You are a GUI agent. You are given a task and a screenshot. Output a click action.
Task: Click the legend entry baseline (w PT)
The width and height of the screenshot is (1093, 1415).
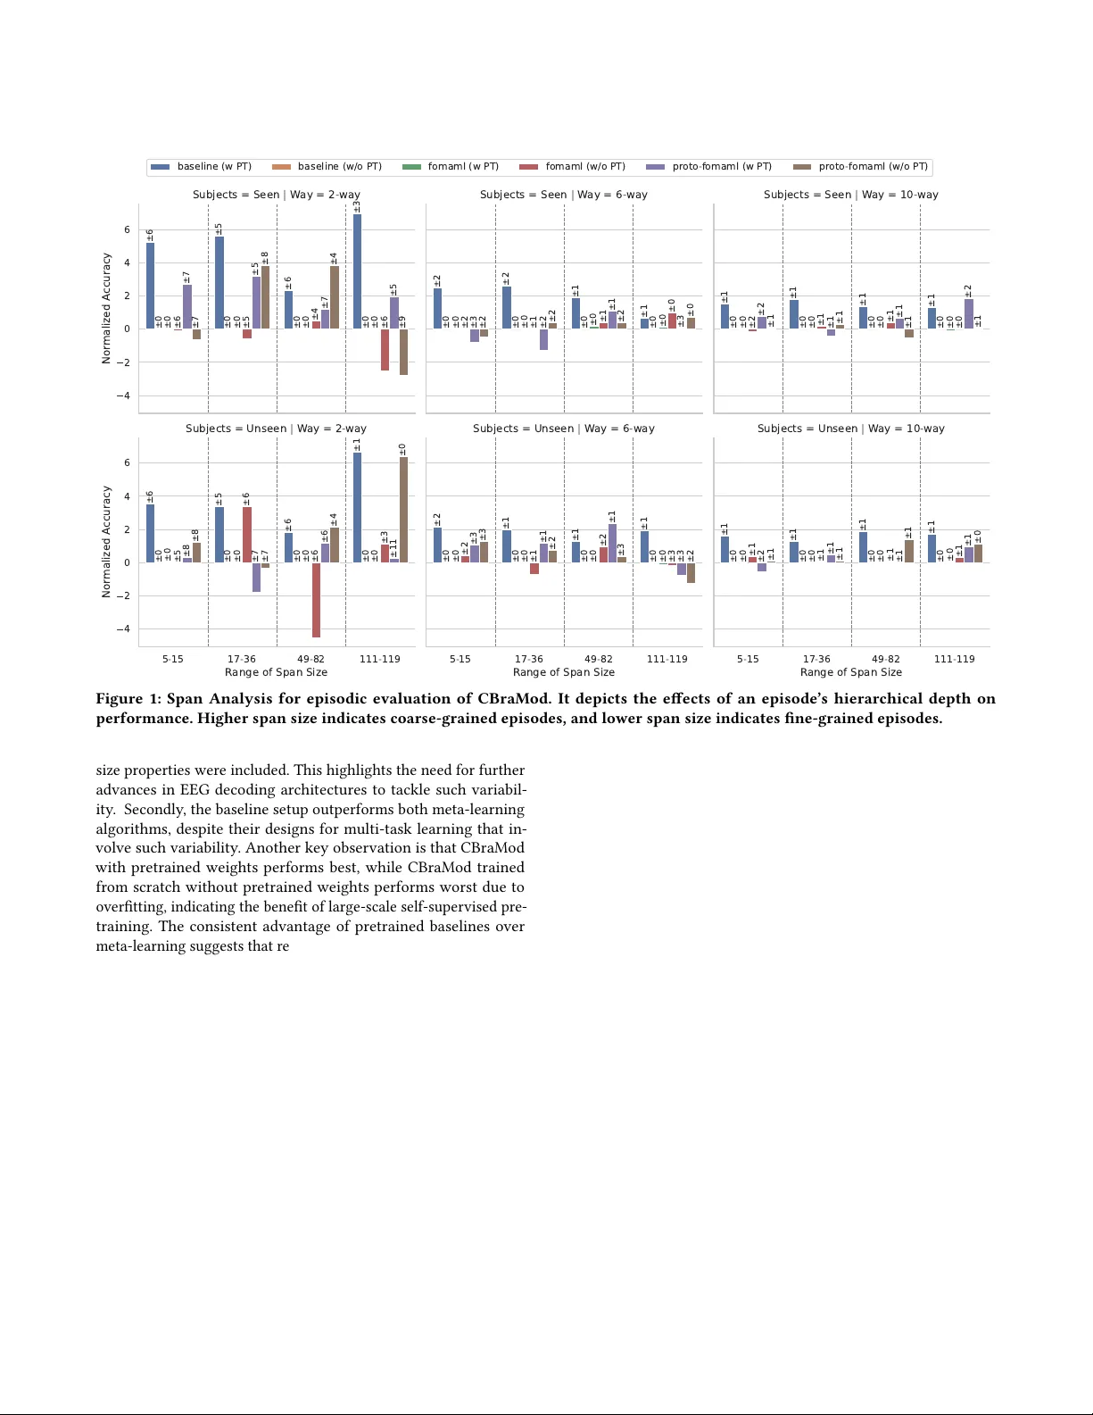click(x=214, y=167)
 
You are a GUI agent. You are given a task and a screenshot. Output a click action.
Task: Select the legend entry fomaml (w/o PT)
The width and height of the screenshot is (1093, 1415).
click(x=584, y=167)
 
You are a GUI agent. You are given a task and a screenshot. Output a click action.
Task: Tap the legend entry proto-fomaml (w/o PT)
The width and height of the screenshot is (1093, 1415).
click(x=873, y=167)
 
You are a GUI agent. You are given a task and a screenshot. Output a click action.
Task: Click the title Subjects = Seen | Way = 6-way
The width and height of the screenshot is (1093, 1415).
click(x=564, y=195)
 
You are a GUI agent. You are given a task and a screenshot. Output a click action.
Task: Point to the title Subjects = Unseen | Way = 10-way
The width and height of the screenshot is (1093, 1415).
click(x=850, y=429)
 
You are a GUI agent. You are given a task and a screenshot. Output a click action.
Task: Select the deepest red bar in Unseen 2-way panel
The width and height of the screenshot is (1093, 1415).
click(x=317, y=600)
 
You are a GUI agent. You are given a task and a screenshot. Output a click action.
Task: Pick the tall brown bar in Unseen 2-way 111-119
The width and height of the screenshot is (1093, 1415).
click(x=403, y=510)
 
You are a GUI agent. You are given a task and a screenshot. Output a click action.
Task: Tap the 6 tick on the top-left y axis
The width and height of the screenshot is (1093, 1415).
click(x=127, y=230)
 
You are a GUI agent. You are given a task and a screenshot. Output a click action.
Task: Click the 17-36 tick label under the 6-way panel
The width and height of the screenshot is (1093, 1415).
click(x=528, y=659)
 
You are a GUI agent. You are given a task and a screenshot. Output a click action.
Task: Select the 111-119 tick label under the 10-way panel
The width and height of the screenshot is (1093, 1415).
click(x=954, y=659)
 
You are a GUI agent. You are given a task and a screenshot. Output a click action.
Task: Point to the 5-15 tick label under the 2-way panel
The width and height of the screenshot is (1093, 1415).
click(x=172, y=659)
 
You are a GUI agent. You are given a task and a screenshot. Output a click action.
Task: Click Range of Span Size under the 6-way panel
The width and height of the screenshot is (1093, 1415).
click(x=564, y=672)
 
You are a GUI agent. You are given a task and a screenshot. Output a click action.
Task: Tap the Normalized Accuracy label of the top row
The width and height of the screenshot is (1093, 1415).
click(x=106, y=308)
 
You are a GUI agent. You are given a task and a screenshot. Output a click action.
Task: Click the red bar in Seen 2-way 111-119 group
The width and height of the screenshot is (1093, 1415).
click(x=385, y=350)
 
